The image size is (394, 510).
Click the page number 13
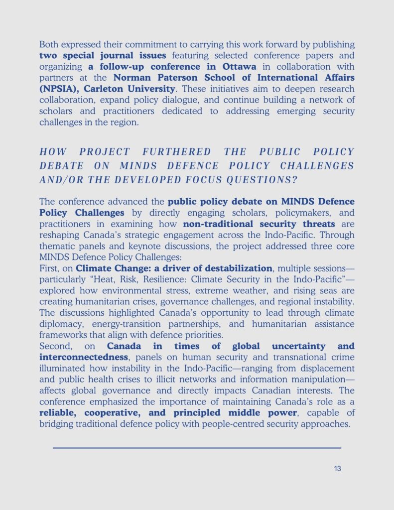[x=338, y=469]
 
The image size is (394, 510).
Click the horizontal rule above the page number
[x=197, y=448]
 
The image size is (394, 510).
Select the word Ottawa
[x=239, y=67]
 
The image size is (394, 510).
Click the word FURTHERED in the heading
[x=177, y=152]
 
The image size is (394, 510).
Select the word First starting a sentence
[x=49, y=269]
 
